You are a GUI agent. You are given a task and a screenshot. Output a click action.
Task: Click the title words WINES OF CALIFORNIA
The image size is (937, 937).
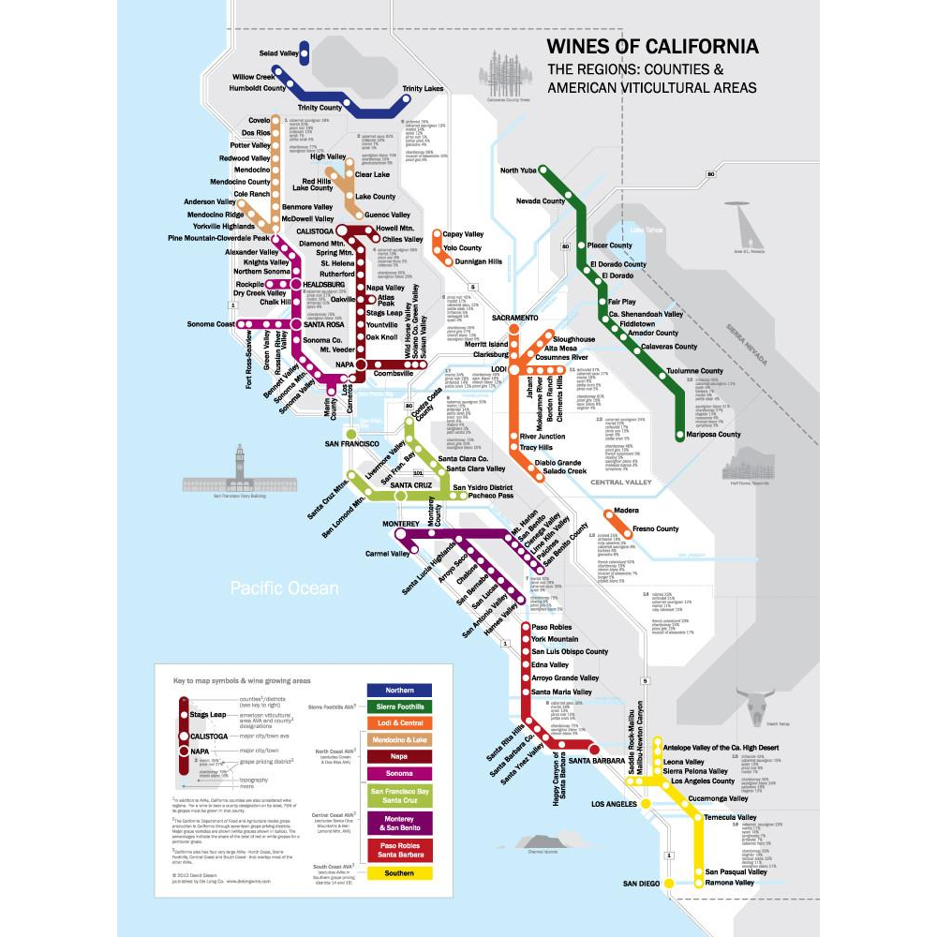[652, 47]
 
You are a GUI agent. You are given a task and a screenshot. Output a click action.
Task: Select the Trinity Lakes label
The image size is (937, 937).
[423, 89]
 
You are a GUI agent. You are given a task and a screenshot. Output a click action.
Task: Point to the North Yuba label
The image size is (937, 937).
[522, 171]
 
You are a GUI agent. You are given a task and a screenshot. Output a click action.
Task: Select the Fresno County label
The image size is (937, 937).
[656, 529]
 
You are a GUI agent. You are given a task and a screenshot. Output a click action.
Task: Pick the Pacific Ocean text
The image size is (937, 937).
[285, 588]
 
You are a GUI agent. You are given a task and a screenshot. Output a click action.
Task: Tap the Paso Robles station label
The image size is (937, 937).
[551, 627]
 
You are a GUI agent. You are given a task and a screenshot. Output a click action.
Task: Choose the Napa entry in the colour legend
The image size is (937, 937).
[399, 756]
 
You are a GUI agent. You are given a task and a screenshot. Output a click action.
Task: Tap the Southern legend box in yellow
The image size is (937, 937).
[399, 873]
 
